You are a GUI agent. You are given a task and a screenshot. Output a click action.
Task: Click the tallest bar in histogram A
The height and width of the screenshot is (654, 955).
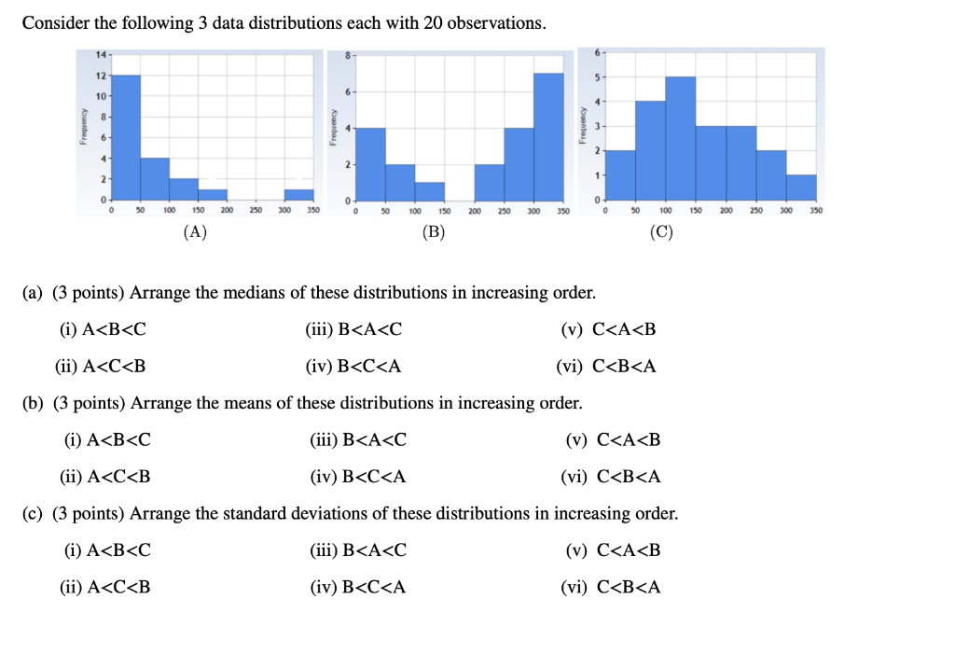(x=126, y=137)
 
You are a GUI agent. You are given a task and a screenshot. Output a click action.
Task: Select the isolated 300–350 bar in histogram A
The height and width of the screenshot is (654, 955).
(x=299, y=194)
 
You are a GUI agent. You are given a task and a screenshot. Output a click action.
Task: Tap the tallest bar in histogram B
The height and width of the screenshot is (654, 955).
(x=548, y=136)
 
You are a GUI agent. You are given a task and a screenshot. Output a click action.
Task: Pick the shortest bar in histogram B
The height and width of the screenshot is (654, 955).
(x=429, y=190)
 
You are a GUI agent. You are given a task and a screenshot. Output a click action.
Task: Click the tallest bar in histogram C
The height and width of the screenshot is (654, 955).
(x=681, y=138)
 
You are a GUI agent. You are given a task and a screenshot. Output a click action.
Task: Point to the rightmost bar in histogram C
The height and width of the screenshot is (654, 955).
(x=801, y=188)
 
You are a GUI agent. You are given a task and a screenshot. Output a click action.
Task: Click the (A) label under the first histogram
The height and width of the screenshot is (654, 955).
(x=194, y=233)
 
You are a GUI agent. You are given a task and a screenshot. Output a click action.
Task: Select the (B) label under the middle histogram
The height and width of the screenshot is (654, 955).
(x=432, y=233)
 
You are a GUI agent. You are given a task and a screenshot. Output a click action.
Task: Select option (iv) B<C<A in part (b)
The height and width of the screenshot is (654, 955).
(x=358, y=477)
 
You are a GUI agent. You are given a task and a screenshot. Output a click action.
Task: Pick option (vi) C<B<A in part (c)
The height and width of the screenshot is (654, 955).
(x=611, y=587)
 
